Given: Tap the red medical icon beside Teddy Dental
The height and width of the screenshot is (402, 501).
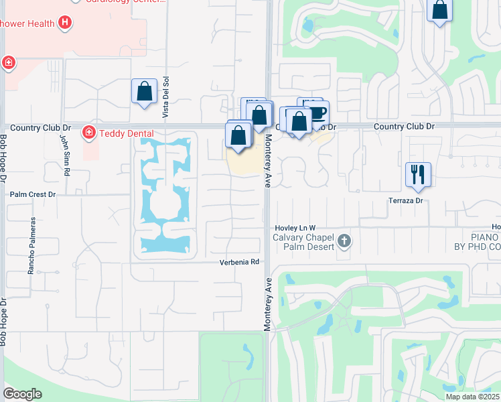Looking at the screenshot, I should click(88, 133).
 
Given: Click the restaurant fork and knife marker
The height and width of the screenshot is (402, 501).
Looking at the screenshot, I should click(418, 175).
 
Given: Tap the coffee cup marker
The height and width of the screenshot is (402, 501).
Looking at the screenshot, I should click(317, 111).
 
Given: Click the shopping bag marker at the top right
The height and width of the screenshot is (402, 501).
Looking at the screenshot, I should click(440, 11).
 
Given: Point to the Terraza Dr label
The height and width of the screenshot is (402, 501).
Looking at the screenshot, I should click(407, 200).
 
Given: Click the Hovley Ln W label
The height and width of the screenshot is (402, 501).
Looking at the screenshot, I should click(295, 228).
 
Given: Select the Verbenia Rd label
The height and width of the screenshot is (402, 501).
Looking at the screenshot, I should click(239, 262).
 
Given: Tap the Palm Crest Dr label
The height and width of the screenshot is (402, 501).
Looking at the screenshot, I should click(32, 194).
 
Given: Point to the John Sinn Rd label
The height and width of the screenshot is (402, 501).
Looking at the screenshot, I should click(65, 155).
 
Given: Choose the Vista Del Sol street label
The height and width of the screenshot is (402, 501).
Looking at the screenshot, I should click(164, 103).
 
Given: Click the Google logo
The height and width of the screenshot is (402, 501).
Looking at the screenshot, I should click(22, 394).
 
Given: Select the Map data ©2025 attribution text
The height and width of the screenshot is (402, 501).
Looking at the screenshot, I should click(473, 397).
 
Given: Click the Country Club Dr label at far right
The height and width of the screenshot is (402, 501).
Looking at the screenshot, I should click(404, 126).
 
